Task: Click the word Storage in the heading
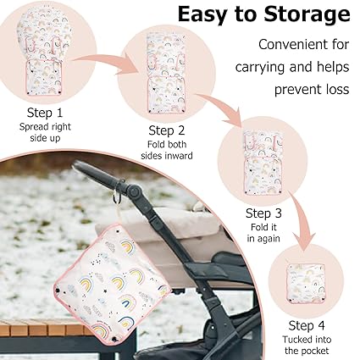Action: [x=307, y=15]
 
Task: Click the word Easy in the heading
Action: [x=202, y=14]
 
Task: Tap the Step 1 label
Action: [x=45, y=113]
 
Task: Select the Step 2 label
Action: [x=167, y=130]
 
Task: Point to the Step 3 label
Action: [x=263, y=213]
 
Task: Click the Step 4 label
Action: [x=307, y=325]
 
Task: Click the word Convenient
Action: [x=304, y=45]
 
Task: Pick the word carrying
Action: [x=260, y=68]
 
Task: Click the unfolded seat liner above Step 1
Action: [x=43, y=52]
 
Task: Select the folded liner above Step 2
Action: [x=166, y=74]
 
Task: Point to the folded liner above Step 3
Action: [x=263, y=162]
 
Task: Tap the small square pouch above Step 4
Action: [x=306, y=283]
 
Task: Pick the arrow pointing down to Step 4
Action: [x=301, y=220]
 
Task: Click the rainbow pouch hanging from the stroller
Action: [x=112, y=282]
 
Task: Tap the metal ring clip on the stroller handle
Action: [x=118, y=196]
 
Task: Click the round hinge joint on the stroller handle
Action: [x=134, y=191]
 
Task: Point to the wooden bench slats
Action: [x=42, y=328]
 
